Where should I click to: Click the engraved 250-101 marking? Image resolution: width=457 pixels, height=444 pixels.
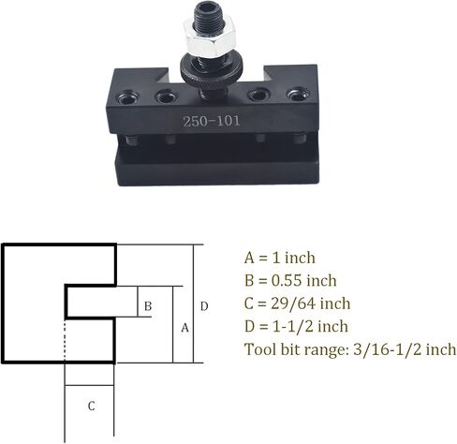point(212,121)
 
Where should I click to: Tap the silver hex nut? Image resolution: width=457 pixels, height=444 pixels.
point(209,37)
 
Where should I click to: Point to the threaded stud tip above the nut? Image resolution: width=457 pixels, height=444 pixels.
point(209,12)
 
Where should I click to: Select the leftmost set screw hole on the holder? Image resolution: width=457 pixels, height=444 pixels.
point(127,97)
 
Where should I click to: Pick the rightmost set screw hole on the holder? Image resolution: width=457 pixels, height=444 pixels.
point(298,96)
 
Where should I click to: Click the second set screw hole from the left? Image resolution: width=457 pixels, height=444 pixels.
point(167,96)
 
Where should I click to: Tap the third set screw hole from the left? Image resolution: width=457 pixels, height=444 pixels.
point(258,95)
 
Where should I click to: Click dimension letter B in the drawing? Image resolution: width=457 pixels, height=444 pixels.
point(148,306)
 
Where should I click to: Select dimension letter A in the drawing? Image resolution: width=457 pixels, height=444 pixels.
point(184,328)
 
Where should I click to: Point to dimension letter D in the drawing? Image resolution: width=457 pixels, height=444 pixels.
point(204,306)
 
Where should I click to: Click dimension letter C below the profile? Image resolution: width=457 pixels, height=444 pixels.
point(91,406)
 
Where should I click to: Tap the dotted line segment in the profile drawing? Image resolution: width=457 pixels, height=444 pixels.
point(65,340)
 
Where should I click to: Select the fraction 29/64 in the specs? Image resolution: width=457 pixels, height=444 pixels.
point(293,303)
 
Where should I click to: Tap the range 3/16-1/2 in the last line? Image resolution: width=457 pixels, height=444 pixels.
point(388,349)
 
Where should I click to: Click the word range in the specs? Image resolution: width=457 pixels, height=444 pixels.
point(326,350)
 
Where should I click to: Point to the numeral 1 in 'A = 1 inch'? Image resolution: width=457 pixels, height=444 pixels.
point(276,258)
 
